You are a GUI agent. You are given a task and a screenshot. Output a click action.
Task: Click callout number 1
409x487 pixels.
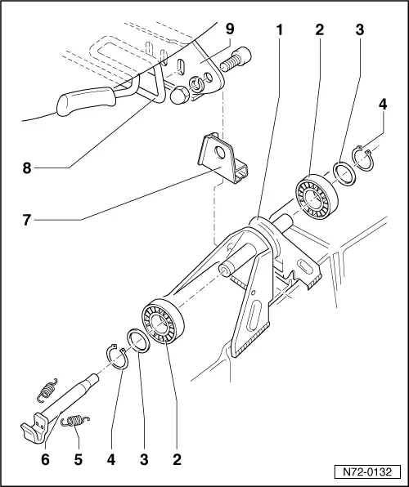(280, 30)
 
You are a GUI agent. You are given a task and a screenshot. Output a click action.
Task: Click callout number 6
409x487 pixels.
(45, 459)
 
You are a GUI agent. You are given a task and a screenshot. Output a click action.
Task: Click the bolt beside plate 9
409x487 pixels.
(238, 60)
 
